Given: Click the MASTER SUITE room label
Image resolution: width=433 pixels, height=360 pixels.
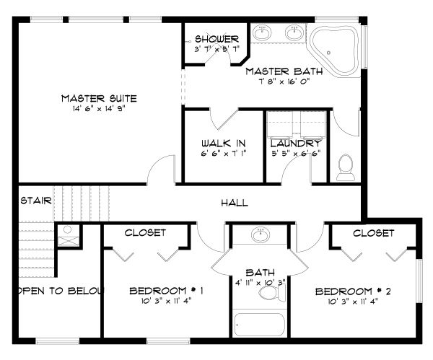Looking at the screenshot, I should click(x=99, y=98).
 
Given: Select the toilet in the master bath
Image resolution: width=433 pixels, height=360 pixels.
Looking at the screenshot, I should click(x=344, y=169).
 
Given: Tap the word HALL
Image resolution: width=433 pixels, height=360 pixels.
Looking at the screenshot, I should click(x=234, y=203).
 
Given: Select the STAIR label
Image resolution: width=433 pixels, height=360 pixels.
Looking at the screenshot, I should click(x=35, y=201).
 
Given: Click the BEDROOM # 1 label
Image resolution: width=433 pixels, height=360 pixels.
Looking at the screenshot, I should click(x=166, y=291).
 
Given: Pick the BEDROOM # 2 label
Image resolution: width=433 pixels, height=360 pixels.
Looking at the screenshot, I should click(x=353, y=291).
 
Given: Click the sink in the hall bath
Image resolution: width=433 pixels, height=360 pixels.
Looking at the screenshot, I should click(x=260, y=234).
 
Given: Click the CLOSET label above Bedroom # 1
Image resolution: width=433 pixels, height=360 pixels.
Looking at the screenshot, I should click(x=146, y=233).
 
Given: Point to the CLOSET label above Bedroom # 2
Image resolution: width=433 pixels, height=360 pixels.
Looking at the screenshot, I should click(x=374, y=233).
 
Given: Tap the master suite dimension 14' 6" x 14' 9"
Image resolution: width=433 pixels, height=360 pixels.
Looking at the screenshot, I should click(x=99, y=110).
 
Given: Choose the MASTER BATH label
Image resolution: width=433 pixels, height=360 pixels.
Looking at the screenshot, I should click(x=278, y=71).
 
